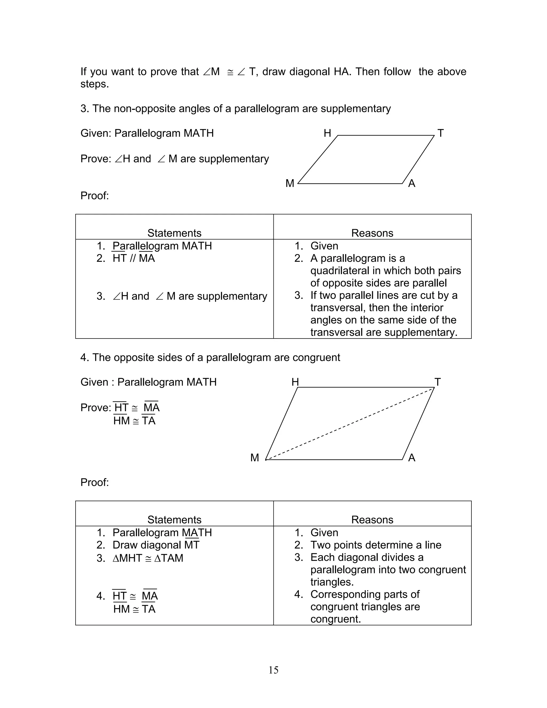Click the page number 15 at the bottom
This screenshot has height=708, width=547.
[273, 670]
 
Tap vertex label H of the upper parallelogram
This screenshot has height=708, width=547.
[327, 133]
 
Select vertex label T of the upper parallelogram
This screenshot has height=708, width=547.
[440, 133]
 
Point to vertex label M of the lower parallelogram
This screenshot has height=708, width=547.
[255, 458]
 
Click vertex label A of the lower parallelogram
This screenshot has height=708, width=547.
[412, 458]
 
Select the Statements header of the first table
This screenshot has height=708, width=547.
[174, 233]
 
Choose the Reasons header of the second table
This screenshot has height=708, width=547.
[372, 520]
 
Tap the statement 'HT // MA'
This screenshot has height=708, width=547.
[134, 258]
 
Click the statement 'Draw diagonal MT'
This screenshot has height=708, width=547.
[156, 545]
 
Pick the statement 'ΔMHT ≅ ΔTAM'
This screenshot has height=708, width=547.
[148, 558]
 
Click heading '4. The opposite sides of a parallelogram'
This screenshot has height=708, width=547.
[210, 357]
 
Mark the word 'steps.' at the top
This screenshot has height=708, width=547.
[95, 84]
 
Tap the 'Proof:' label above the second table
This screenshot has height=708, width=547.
[95, 482]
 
